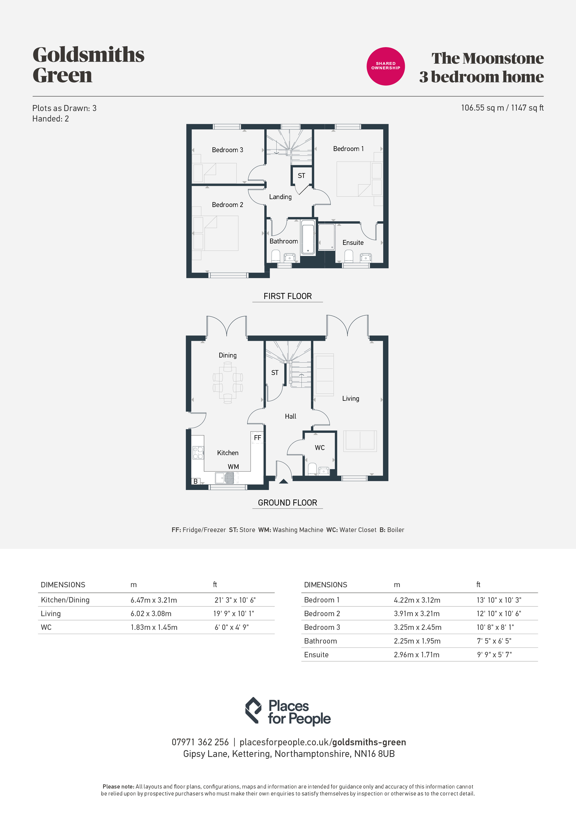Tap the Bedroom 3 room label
pos(227,150)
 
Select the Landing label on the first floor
pos(280,197)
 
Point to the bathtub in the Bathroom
pos(308,237)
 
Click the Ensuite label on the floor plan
pos(353,243)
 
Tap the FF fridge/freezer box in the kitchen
pos(257,438)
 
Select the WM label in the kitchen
pos(233,467)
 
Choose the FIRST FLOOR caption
pos(288,296)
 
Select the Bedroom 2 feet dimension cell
pos(499,613)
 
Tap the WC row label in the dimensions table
pos(46,627)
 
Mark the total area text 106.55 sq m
pos(482,108)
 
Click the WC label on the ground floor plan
pos(320,448)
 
